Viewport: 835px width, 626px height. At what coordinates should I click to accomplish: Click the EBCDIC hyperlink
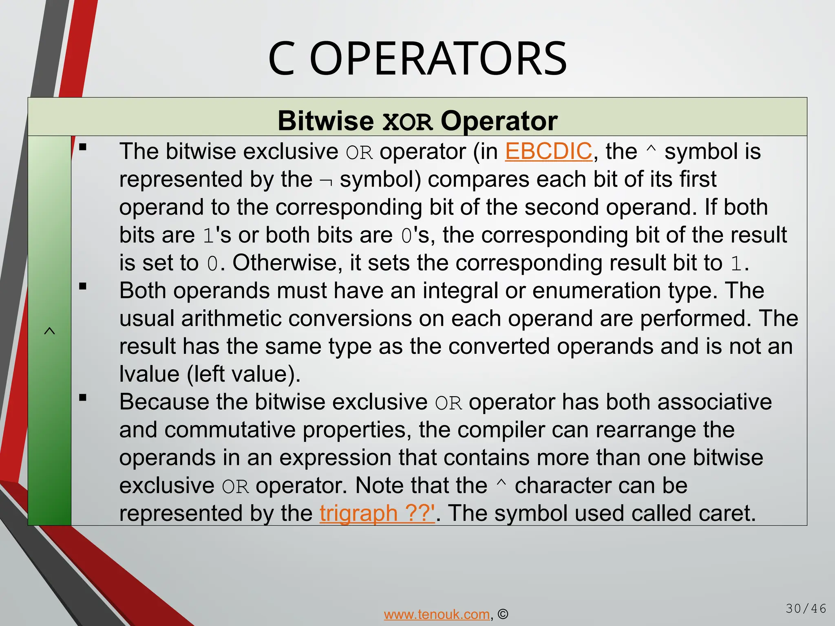point(548,152)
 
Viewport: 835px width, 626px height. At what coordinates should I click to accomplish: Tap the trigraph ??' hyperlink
point(377,513)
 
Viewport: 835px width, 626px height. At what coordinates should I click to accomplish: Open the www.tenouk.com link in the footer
point(437,614)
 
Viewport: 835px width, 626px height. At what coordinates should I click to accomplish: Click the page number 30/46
point(806,609)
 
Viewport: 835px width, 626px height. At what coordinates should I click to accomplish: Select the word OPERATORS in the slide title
point(438,60)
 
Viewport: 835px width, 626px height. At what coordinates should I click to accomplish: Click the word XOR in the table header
point(407,122)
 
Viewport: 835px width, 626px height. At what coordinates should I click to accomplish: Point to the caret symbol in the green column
point(49,331)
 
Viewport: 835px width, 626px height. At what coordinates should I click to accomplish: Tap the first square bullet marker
point(83,147)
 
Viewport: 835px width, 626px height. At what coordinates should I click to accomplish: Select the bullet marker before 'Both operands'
point(83,287)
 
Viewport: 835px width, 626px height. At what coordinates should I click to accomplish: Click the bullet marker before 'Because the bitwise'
point(83,398)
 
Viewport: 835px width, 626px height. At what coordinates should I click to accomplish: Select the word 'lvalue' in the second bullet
point(149,374)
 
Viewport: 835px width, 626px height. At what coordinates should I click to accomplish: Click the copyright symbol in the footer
point(503,614)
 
